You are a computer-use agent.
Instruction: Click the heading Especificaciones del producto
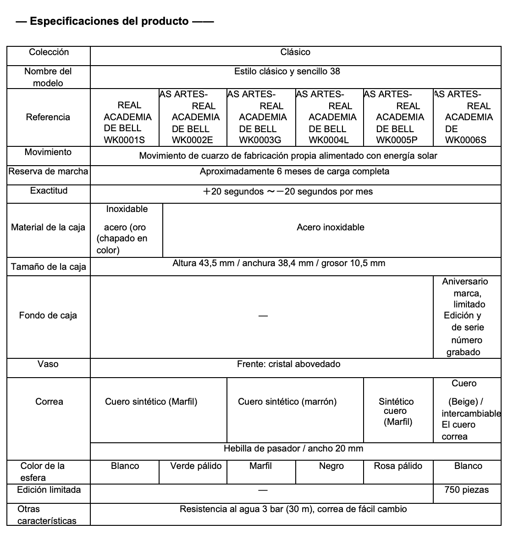pyautogui.click(x=109, y=21)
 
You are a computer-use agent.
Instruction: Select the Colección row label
pyautogui.click(x=49, y=52)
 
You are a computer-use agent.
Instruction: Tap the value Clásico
pyautogui.click(x=295, y=52)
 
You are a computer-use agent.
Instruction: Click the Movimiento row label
pyautogui.click(x=48, y=152)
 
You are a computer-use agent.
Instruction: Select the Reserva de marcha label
pyautogui.click(x=49, y=172)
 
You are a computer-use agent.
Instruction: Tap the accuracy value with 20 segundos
pyautogui.click(x=288, y=192)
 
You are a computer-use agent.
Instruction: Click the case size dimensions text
pyautogui.click(x=279, y=263)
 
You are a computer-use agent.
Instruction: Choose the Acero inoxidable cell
pyautogui.click(x=331, y=228)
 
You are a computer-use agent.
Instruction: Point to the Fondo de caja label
pyautogui.click(x=48, y=316)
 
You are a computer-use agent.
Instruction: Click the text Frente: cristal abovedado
pyautogui.click(x=288, y=364)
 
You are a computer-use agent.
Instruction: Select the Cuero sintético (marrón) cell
pyautogui.click(x=287, y=402)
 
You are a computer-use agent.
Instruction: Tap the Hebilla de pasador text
pyautogui.click(x=293, y=449)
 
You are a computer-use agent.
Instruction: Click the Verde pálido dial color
pyautogui.click(x=196, y=466)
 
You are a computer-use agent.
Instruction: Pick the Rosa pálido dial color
pyautogui.click(x=398, y=466)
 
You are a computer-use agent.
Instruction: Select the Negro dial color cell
pyautogui.click(x=331, y=466)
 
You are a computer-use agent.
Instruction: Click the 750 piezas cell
pyautogui.click(x=467, y=490)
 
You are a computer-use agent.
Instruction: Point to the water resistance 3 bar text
pyautogui.click(x=293, y=509)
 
